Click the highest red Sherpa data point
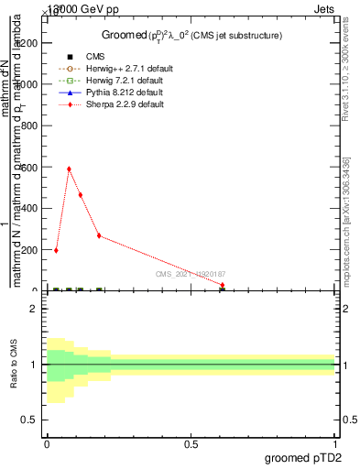tap(69, 169)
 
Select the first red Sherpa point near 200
tap(56, 250)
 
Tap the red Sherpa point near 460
tap(81, 195)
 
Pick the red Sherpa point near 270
tap(99, 235)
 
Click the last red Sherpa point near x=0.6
tap(223, 285)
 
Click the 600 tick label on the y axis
tap(28, 167)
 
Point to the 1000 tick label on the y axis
tap(26, 84)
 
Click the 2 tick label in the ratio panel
tap(34, 309)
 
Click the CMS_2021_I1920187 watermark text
tap(191, 274)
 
